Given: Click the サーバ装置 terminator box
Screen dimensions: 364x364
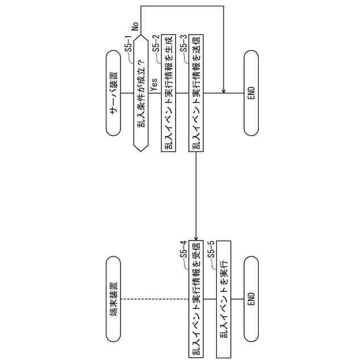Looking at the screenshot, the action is (x=114, y=93).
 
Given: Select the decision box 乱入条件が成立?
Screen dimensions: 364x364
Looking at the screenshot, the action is (x=140, y=93).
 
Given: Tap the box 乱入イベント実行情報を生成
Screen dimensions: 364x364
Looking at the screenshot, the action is (x=168, y=93).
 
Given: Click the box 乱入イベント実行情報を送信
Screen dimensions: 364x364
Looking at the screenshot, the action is (x=196, y=93).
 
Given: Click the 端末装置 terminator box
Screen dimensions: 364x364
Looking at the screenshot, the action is (x=114, y=299).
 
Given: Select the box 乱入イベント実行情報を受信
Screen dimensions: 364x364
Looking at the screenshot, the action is (x=196, y=299).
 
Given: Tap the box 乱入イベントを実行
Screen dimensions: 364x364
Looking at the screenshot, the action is (x=224, y=299).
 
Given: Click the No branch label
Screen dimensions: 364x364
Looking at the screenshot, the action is (x=135, y=26).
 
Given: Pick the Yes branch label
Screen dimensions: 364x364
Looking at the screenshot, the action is (x=154, y=84).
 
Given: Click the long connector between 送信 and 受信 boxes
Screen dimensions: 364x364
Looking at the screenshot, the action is (x=196, y=193).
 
